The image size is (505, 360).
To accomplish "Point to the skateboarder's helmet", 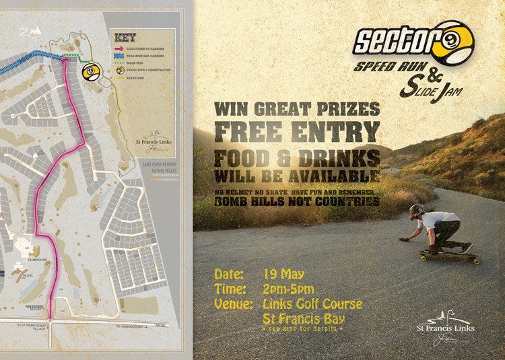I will pyautogui.click(x=417, y=210).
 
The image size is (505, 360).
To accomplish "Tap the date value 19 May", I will pyautogui.click(x=284, y=275).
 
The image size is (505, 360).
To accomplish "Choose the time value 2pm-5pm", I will pyautogui.click(x=290, y=289).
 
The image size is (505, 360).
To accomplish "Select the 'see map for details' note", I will pyautogui.click(x=305, y=330).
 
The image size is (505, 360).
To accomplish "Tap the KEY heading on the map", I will pyautogui.click(x=126, y=38).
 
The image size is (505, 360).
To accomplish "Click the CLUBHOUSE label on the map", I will pyautogui.click(x=38, y=257).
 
